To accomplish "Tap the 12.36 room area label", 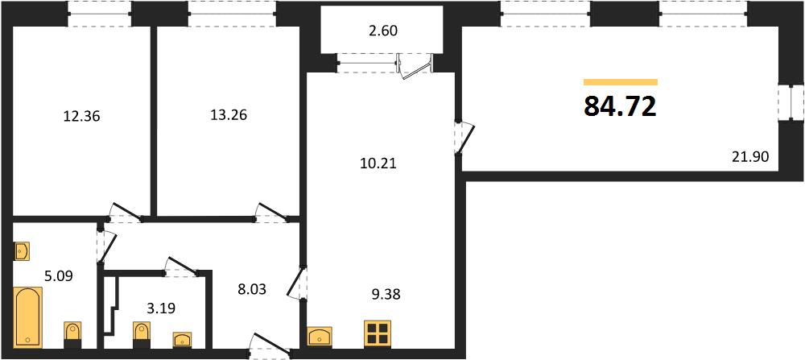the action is [x=81, y=117].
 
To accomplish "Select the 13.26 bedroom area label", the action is [x=229, y=115].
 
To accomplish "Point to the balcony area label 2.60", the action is [x=383, y=31].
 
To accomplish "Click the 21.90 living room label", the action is [x=750, y=157].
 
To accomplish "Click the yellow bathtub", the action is [x=28, y=317].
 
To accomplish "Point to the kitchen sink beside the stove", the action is [x=321, y=337].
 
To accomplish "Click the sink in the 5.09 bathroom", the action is [x=22, y=251].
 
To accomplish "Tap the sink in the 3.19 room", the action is [x=182, y=339].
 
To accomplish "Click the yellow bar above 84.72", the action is [x=621, y=81].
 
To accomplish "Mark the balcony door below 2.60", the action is [x=416, y=68].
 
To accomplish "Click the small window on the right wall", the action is [x=791, y=103].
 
